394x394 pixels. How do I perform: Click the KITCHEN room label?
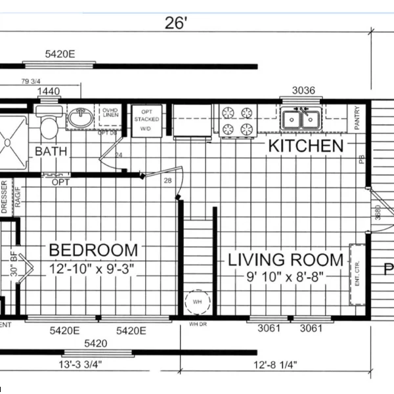pos(305,146)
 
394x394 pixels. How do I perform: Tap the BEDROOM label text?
pos(94,250)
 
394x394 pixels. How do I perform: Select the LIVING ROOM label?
pos(286,259)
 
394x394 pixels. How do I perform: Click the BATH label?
pos(51,152)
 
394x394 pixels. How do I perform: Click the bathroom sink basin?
pos(81,119)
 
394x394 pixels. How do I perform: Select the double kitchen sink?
pos(301,120)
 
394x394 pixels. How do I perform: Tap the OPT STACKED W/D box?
pos(146,120)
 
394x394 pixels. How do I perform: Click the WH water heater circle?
pos(197,303)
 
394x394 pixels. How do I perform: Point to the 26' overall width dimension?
pos(177,24)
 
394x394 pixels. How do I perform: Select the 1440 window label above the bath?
pos(49,91)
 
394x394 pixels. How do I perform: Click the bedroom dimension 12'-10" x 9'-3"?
pos(94,269)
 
